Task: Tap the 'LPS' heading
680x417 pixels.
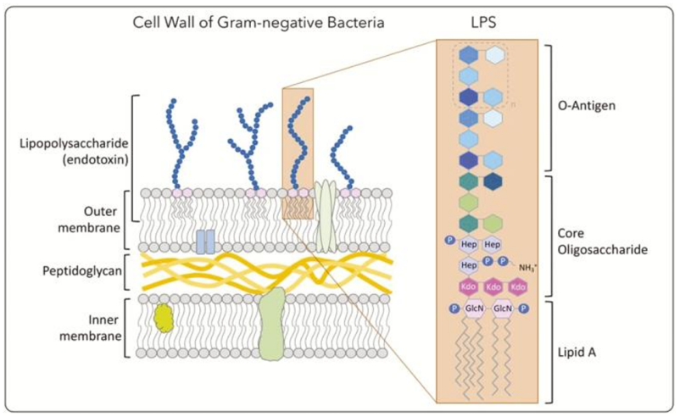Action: coord(487,22)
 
